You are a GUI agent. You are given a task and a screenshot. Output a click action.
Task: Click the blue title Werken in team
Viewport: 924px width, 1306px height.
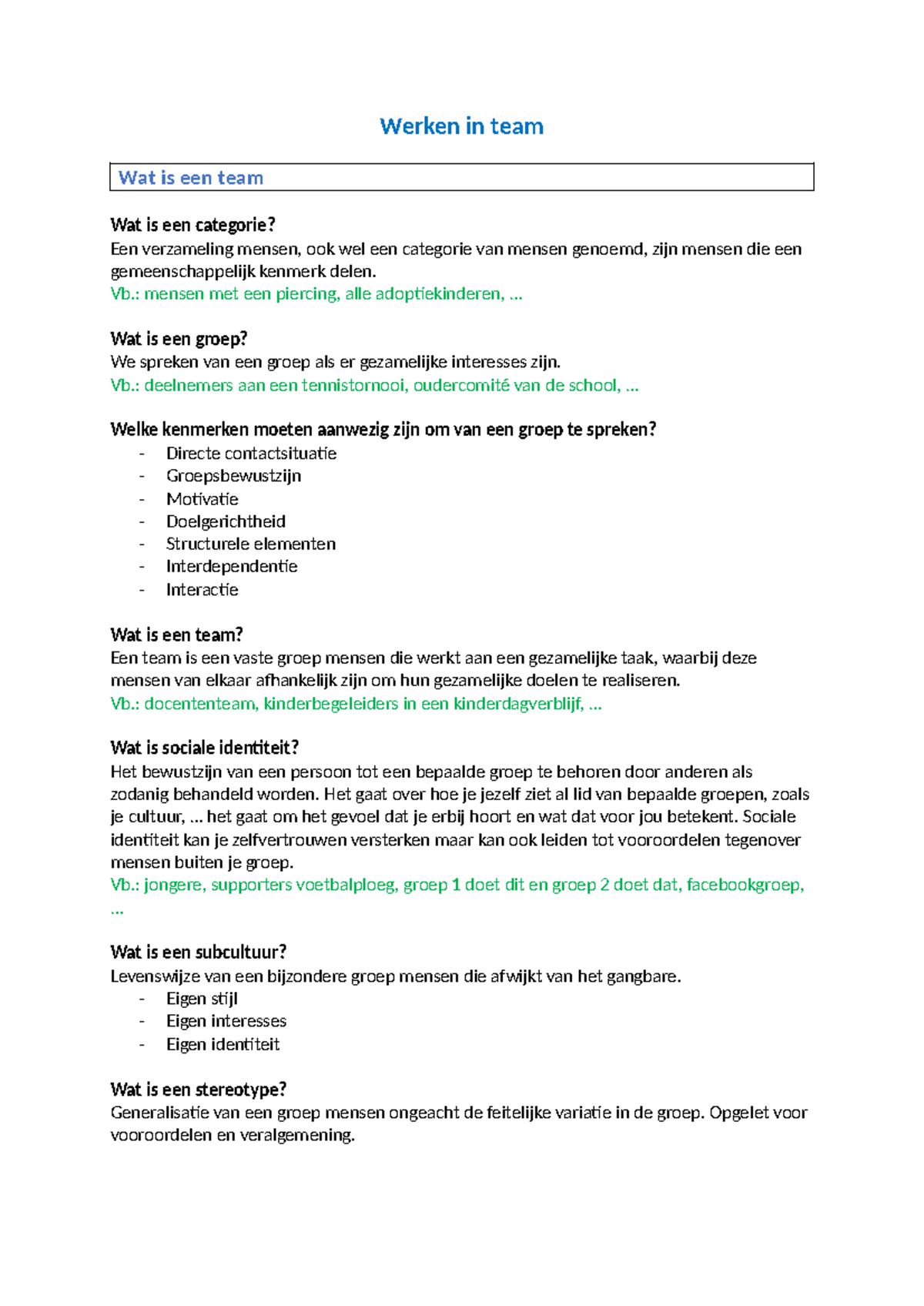[x=461, y=126]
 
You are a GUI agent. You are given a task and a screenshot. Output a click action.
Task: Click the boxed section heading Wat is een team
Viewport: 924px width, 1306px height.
[x=191, y=178]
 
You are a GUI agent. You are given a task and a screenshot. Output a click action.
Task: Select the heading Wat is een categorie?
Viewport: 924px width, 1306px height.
[x=192, y=225]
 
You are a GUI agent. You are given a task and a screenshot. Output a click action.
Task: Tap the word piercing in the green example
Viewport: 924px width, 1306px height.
[x=306, y=293]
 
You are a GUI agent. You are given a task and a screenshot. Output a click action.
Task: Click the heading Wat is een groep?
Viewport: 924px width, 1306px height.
[x=179, y=339]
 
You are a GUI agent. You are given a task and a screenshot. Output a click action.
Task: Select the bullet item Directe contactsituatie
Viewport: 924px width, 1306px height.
[x=251, y=453]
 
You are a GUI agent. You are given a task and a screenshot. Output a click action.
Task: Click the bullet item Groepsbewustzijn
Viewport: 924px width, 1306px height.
[x=233, y=476]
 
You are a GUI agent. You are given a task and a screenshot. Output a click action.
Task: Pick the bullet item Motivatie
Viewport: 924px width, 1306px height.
[x=202, y=499]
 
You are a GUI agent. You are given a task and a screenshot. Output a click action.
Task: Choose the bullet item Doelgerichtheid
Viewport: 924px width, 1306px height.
[x=226, y=521]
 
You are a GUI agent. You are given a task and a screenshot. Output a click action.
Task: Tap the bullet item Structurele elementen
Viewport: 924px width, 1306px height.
[x=250, y=544]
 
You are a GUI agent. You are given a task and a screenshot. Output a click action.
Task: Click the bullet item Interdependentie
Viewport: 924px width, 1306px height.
[x=231, y=567]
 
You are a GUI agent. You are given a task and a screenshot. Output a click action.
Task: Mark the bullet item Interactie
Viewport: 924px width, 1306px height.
[x=202, y=590]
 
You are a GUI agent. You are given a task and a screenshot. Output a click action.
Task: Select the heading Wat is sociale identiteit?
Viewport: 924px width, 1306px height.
[x=204, y=748]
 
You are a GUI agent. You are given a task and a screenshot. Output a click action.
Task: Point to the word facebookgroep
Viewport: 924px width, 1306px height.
[x=743, y=885]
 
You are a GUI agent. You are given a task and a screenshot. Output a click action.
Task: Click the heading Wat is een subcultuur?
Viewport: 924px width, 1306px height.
[x=198, y=953]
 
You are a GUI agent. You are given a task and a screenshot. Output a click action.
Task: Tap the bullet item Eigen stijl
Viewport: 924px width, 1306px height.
[x=202, y=999]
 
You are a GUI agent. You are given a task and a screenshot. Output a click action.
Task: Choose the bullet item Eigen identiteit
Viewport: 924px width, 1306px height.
[x=223, y=1044]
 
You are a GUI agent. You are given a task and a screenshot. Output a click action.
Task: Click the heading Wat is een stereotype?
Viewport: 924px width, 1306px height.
[x=198, y=1090]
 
